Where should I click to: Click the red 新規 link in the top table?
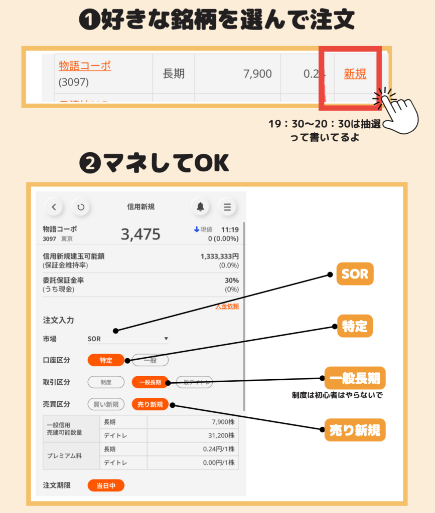pos(355,74)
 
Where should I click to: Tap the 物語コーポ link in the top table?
pos(84,66)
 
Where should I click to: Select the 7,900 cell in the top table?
pos(257,74)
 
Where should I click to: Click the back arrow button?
pos(54,206)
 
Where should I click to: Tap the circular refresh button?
pos(81,206)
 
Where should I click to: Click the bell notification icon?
pos(200,206)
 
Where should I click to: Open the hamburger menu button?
pos(227,206)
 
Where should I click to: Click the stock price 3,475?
pos(140,234)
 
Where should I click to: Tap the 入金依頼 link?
pos(227,306)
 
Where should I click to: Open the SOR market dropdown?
pos(128,339)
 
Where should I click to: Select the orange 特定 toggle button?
pos(105,360)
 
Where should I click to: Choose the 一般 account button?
pos(150,360)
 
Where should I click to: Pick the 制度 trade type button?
pos(105,382)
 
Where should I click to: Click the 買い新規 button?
pos(106,404)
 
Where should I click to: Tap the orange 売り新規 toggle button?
pos(150,404)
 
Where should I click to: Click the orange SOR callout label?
pos(355,274)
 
